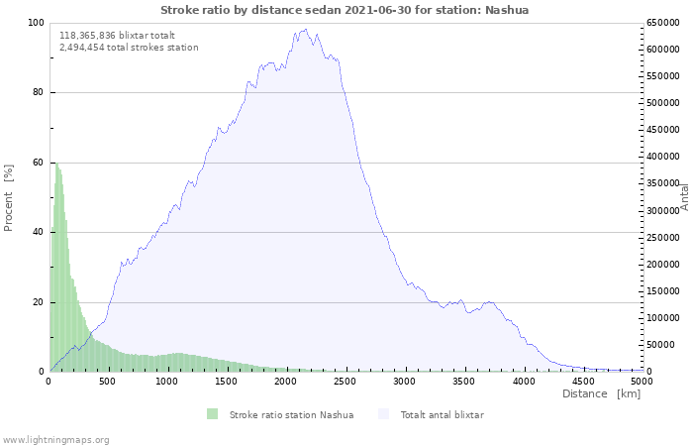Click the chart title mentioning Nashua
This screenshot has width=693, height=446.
point(345,10)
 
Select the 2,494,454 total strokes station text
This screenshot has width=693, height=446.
point(129,47)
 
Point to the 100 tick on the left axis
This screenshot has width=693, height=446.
point(36,23)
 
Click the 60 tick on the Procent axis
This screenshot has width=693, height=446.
point(38,163)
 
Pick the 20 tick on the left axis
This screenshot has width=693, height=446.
point(38,302)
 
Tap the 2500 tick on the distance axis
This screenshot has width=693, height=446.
point(346,381)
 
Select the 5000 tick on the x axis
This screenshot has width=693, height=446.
point(642,381)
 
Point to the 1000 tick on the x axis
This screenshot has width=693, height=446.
point(167,381)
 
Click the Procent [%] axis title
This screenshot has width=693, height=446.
point(9,197)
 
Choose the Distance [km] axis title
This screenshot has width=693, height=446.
point(601,394)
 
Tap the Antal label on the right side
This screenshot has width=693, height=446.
point(685,196)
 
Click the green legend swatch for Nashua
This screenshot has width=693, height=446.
point(212,414)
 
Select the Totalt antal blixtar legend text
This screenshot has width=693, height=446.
point(442,414)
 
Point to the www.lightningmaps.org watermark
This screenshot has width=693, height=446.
point(55,439)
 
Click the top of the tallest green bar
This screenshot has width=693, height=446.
point(55,163)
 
